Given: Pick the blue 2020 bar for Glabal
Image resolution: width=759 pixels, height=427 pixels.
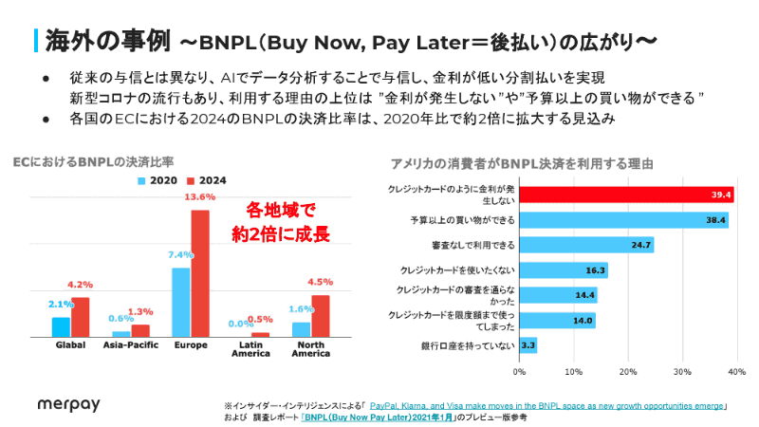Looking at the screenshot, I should point(61,326).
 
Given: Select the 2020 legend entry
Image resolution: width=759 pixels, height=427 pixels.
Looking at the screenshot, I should point(159,181).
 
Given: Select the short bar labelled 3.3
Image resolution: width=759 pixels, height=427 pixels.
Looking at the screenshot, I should point(528,345).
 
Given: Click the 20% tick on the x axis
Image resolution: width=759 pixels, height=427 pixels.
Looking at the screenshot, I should point(627,371).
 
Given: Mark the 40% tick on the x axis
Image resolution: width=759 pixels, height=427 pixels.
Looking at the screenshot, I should point(734,371).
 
